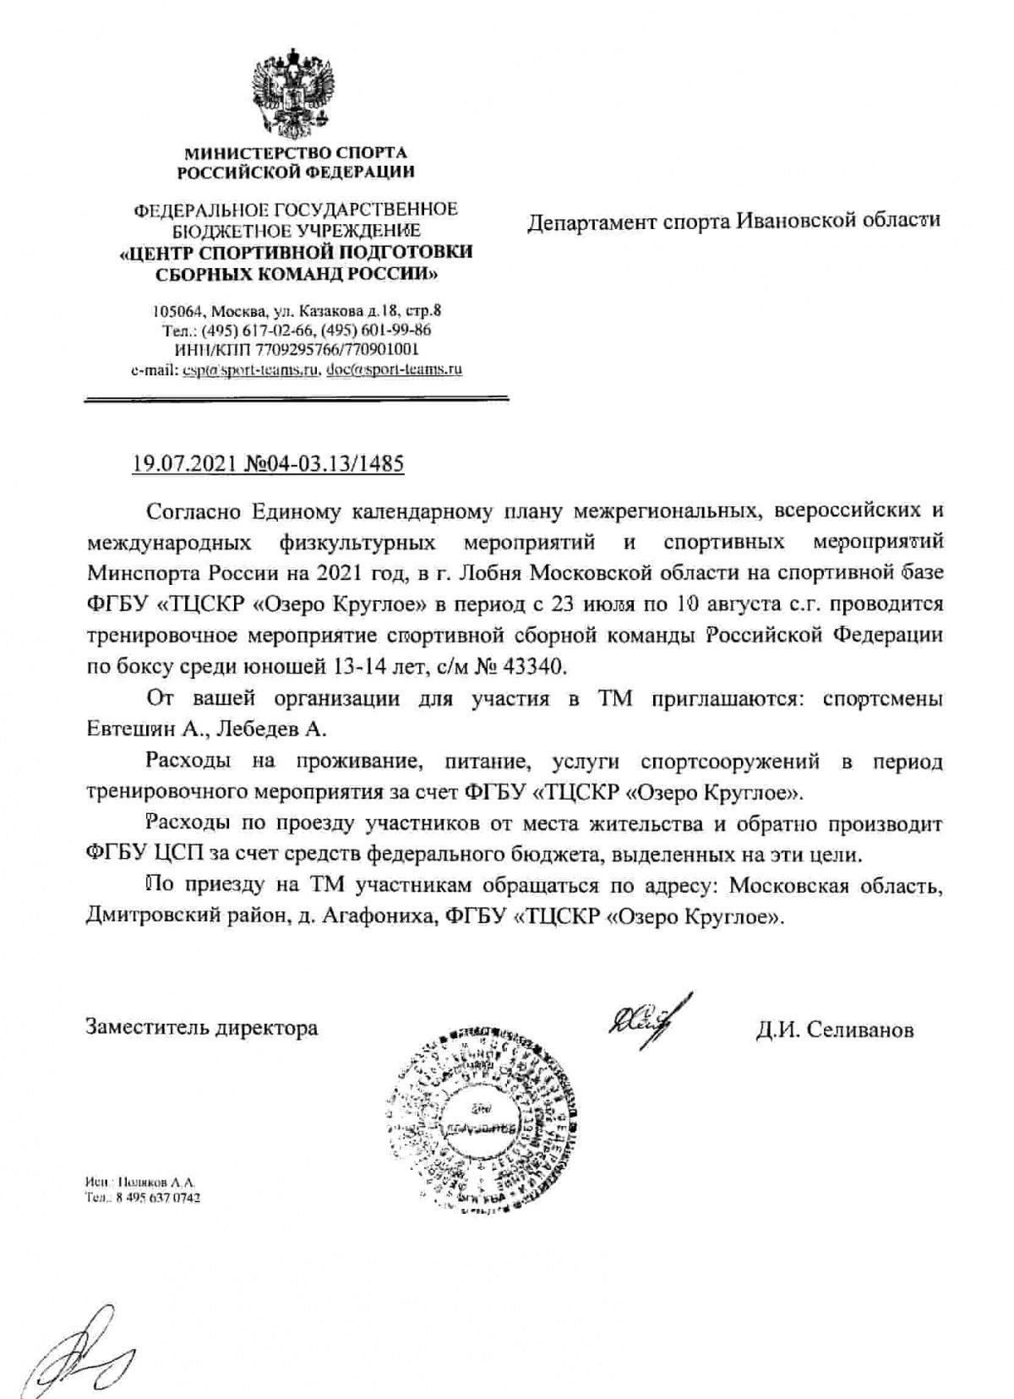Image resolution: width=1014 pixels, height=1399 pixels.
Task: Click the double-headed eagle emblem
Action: (296, 94)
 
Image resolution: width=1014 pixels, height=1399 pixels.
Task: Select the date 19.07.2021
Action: (183, 464)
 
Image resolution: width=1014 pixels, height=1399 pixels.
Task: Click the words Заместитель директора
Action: (202, 1028)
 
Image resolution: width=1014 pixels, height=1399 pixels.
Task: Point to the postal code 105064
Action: (174, 310)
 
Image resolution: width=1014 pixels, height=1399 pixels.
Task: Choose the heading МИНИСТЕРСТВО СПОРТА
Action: (296, 152)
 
